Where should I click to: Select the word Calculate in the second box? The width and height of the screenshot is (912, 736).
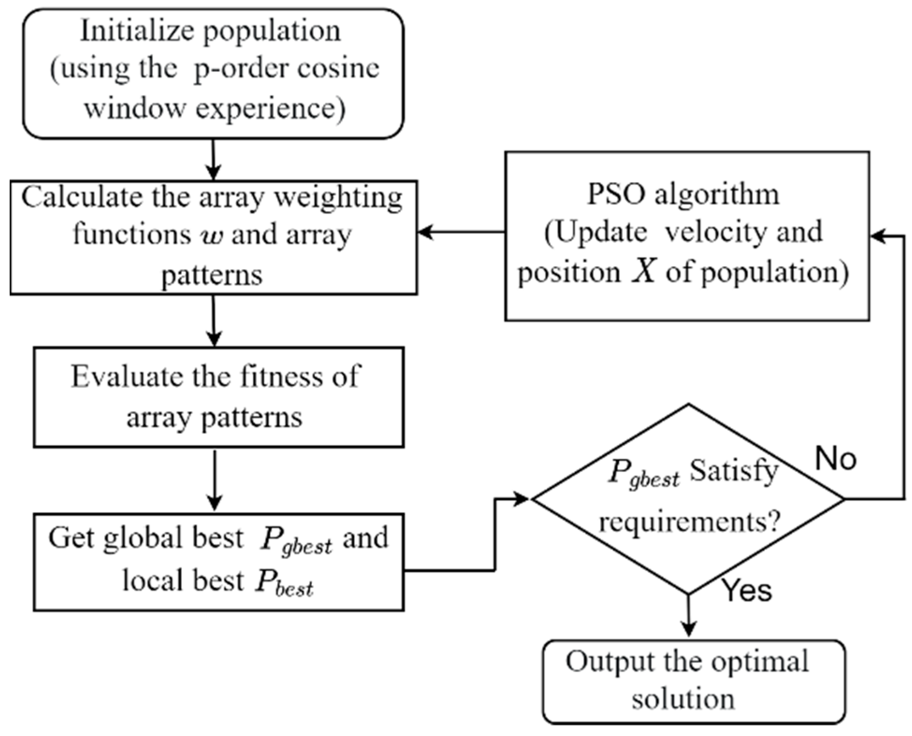[x=82, y=197]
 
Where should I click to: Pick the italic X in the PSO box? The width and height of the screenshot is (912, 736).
[x=644, y=272]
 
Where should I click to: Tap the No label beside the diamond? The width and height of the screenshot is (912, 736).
[x=836, y=459]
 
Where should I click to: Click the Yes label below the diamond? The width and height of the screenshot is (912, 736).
[x=747, y=590]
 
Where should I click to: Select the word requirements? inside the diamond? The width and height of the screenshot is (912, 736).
[x=690, y=521]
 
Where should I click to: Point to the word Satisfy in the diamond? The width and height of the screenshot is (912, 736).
[x=734, y=471]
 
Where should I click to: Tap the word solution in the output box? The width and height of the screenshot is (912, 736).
[x=683, y=700]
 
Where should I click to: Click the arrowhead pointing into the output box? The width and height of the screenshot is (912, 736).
[x=688, y=629]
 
